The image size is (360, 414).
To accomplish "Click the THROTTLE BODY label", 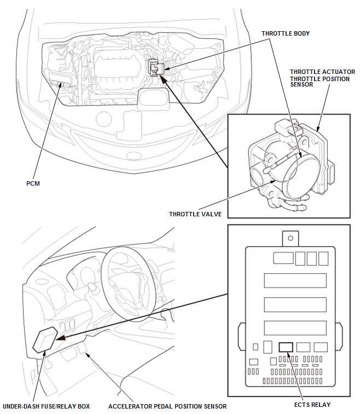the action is [x=286, y=33].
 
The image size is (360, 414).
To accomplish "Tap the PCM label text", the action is [x=33, y=183].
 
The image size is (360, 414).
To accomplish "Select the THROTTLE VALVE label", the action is [x=195, y=214].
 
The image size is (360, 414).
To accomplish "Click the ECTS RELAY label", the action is [x=312, y=405].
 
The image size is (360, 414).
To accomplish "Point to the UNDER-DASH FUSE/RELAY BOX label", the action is [x=46, y=406].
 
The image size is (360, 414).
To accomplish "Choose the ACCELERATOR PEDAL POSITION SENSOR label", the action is [x=167, y=406].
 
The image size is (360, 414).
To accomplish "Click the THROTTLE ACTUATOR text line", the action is [x=323, y=72].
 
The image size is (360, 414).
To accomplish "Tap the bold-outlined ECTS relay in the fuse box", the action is [x=286, y=347].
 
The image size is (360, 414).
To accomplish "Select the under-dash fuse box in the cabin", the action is [x=45, y=340].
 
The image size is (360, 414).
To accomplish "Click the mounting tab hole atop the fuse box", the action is [x=291, y=238].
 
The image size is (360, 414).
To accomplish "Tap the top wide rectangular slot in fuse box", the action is [x=295, y=280].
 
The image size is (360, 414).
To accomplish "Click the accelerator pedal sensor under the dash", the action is [x=82, y=349].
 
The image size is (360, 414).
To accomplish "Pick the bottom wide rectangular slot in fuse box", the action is [x=295, y=328].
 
